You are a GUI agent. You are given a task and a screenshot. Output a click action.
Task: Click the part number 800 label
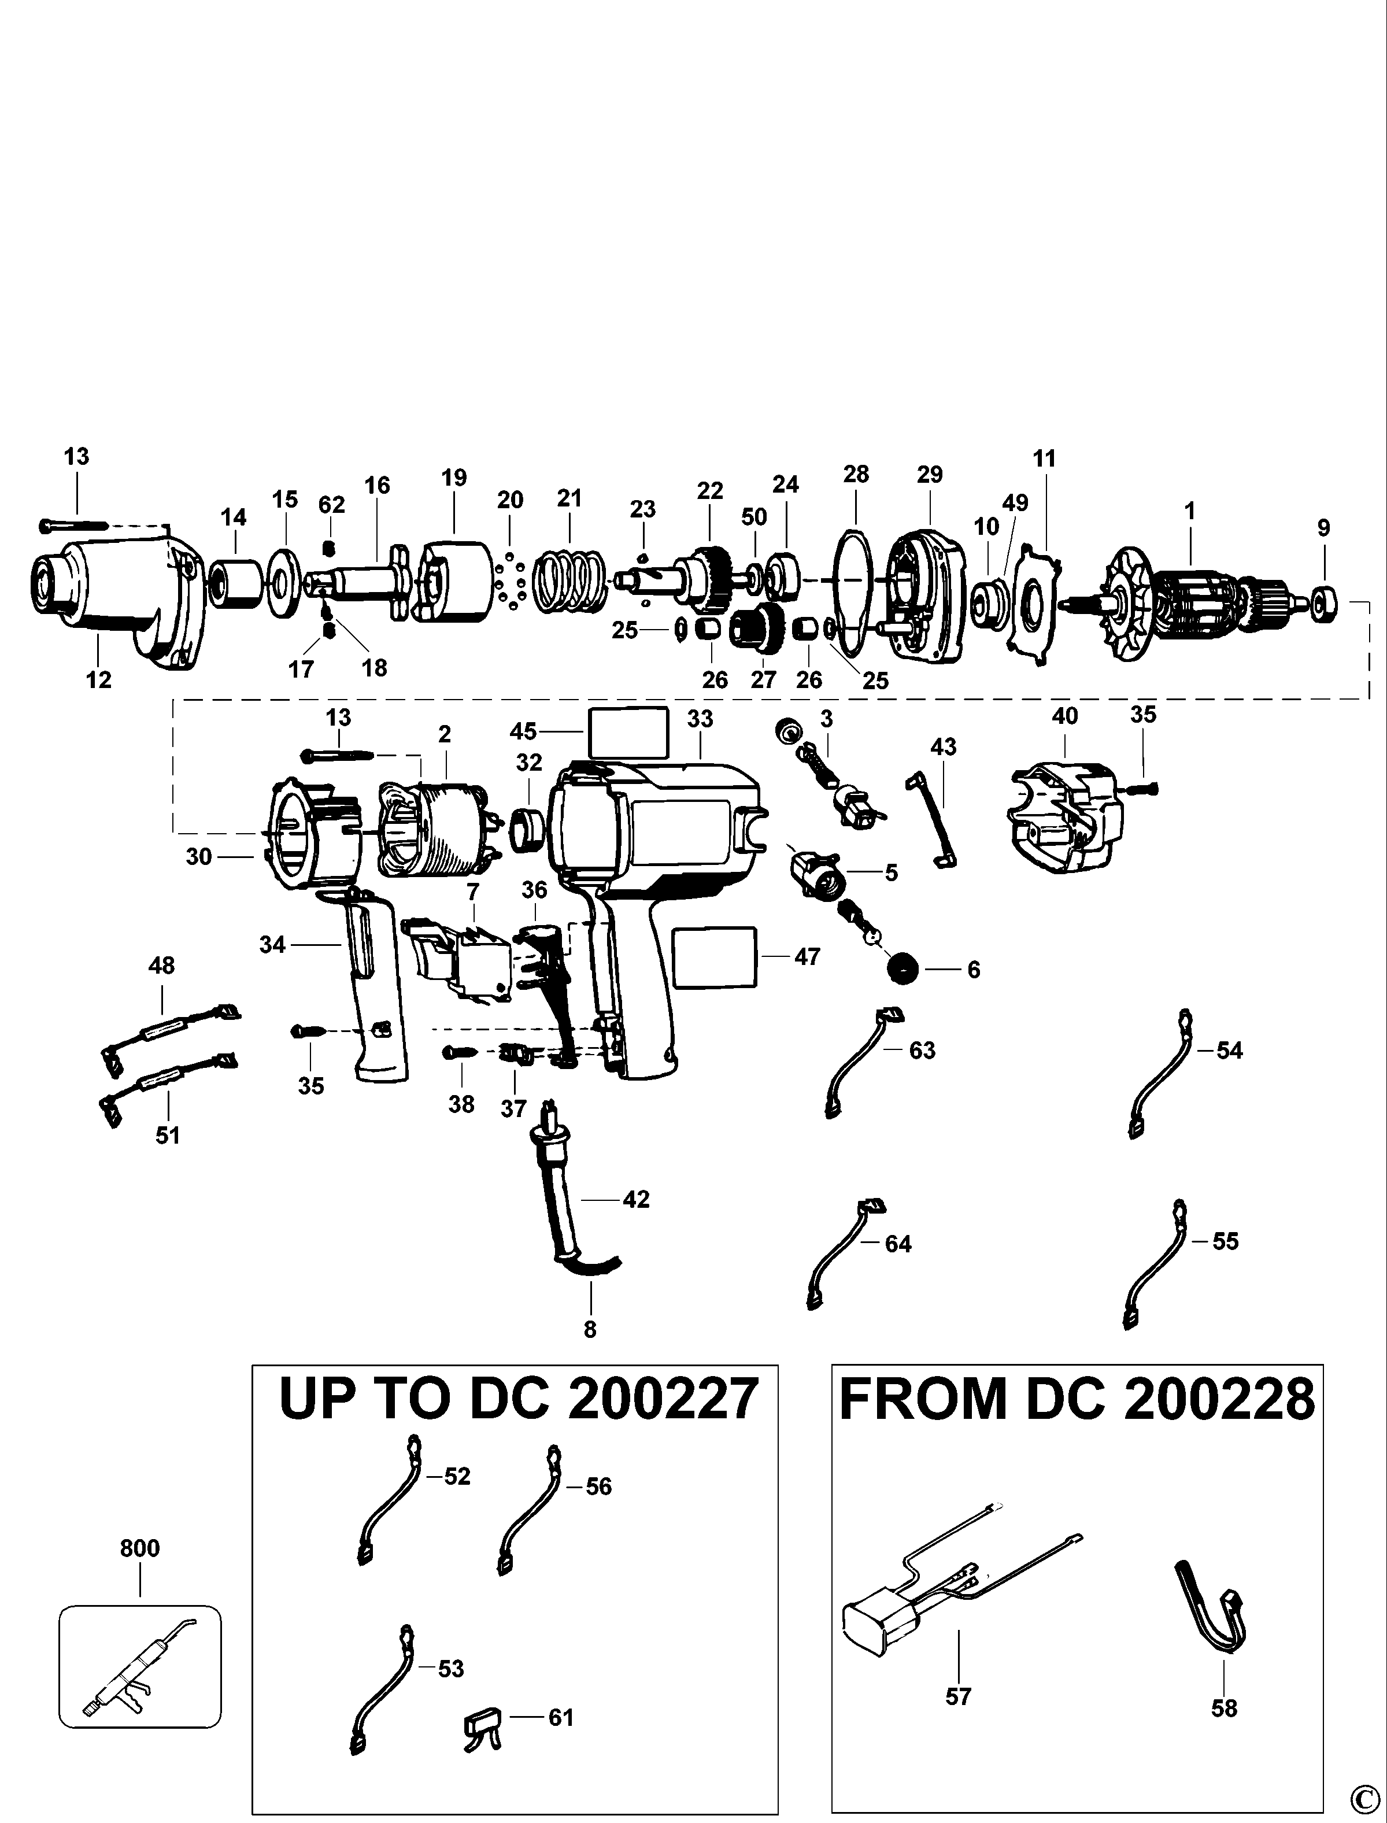click(139, 1548)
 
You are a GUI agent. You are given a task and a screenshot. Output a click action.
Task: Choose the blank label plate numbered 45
click(627, 731)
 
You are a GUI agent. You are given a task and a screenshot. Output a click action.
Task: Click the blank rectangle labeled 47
click(715, 956)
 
